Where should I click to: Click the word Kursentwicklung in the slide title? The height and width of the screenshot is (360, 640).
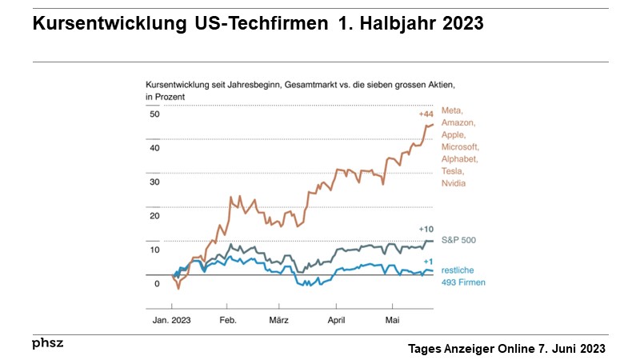click(102, 24)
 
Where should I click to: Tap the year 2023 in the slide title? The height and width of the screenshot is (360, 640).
click(458, 24)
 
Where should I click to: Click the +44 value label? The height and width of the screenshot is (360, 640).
click(426, 114)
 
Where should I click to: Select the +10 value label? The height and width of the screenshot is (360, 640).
click(426, 229)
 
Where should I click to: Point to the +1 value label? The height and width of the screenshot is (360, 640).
click(428, 261)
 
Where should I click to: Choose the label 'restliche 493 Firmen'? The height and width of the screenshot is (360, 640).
click(464, 277)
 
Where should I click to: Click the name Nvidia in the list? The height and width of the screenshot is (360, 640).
click(454, 183)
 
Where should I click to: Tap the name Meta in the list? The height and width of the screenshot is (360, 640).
click(452, 110)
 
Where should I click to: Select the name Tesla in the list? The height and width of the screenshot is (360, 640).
click(453, 171)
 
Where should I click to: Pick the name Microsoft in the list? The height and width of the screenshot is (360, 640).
click(460, 147)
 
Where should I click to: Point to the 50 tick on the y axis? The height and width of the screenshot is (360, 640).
click(154, 114)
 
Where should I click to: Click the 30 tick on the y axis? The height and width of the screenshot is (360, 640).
click(154, 182)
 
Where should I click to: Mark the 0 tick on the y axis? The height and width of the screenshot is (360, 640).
click(157, 283)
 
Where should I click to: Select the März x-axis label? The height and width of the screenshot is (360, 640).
click(278, 318)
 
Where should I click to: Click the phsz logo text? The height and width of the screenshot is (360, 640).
click(47, 342)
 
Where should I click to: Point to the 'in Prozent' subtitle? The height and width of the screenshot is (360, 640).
click(165, 96)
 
